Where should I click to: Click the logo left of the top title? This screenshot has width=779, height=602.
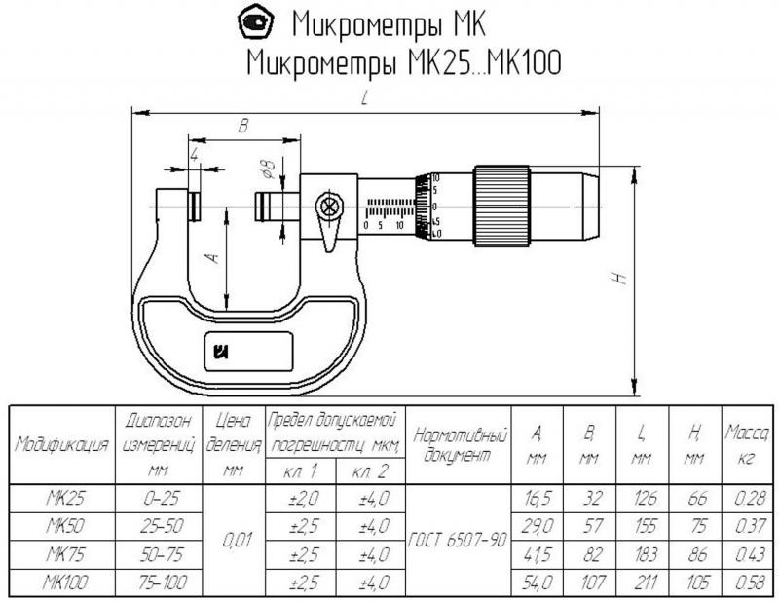tap(257, 21)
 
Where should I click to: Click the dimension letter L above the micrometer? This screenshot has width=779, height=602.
tap(364, 98)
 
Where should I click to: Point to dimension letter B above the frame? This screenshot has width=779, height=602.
tap(244, 125)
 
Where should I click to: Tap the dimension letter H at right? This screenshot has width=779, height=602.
tap(619, 278)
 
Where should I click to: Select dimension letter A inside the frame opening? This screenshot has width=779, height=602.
tap(212, 258)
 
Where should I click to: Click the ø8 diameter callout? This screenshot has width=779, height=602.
tap(268, 168)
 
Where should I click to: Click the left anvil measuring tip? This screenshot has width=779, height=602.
tap(194, 206)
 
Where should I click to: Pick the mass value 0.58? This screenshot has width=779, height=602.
tap(747, 583)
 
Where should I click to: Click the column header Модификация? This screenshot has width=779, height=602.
tap(61, 445)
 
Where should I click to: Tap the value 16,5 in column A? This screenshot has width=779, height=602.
tap(537, 499)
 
